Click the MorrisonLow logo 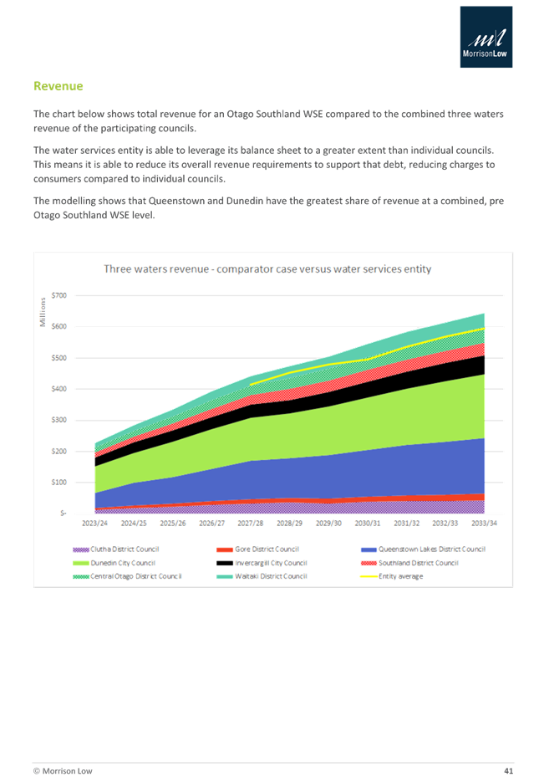pyautogui.click(x=486, y=37)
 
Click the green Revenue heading pyautogui.click(x=58, y=87)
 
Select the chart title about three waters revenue pyautogui.click(x=267, y=269)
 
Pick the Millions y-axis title pyautogui.click(x=43, y=312)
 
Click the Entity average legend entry pyautogui.click(x=401, y=577)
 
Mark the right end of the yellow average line pyautogui.click(x=485, y=329)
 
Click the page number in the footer pyautogui.click(x=507, y=769)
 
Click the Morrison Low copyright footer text pyautogui.click(x=63, y=769)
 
